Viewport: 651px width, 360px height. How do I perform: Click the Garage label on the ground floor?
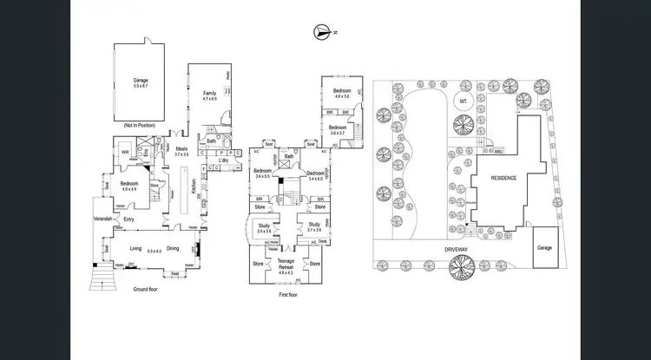141,80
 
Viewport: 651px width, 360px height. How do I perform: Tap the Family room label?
209,93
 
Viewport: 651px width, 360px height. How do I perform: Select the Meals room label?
181,148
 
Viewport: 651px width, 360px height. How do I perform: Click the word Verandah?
105,219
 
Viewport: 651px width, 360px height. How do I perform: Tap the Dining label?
173,246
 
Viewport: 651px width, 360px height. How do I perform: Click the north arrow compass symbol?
324,32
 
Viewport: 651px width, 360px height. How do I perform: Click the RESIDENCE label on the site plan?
504,178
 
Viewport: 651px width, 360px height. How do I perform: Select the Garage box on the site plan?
544,247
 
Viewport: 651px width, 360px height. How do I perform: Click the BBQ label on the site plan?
498,150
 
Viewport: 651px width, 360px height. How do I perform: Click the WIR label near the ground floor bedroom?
126,152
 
